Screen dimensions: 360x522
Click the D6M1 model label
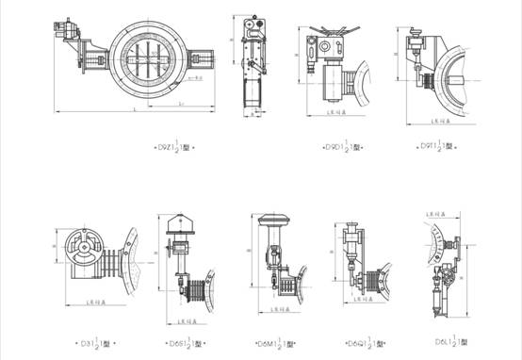[275, 343]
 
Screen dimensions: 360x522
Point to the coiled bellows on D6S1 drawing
[195, 286]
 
